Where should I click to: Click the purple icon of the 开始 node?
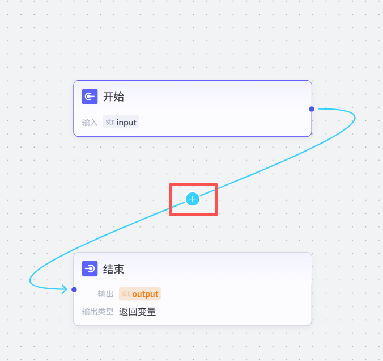coord(89,96)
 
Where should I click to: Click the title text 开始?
coord(113,96)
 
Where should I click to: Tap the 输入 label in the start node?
coord(90,123)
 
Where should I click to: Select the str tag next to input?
coord(110,122)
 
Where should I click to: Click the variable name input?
coord(127,123)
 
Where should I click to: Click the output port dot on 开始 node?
coord(312,108)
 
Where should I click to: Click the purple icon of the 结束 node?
coord(90,268)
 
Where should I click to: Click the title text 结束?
coord(113,268)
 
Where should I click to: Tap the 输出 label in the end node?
coord(105,294)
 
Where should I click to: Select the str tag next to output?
coord(125,294)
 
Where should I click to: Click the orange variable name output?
coord(145,294)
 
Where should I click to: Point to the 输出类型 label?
coord(97,312)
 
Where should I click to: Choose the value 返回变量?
coord(138,312)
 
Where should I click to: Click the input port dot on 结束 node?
coord(74,289)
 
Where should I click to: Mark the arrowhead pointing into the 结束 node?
coord(65,289)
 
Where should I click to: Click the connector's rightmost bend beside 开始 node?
coord(355,117)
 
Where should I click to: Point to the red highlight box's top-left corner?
coord(171,184)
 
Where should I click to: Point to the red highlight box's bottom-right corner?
coord(216,215)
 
